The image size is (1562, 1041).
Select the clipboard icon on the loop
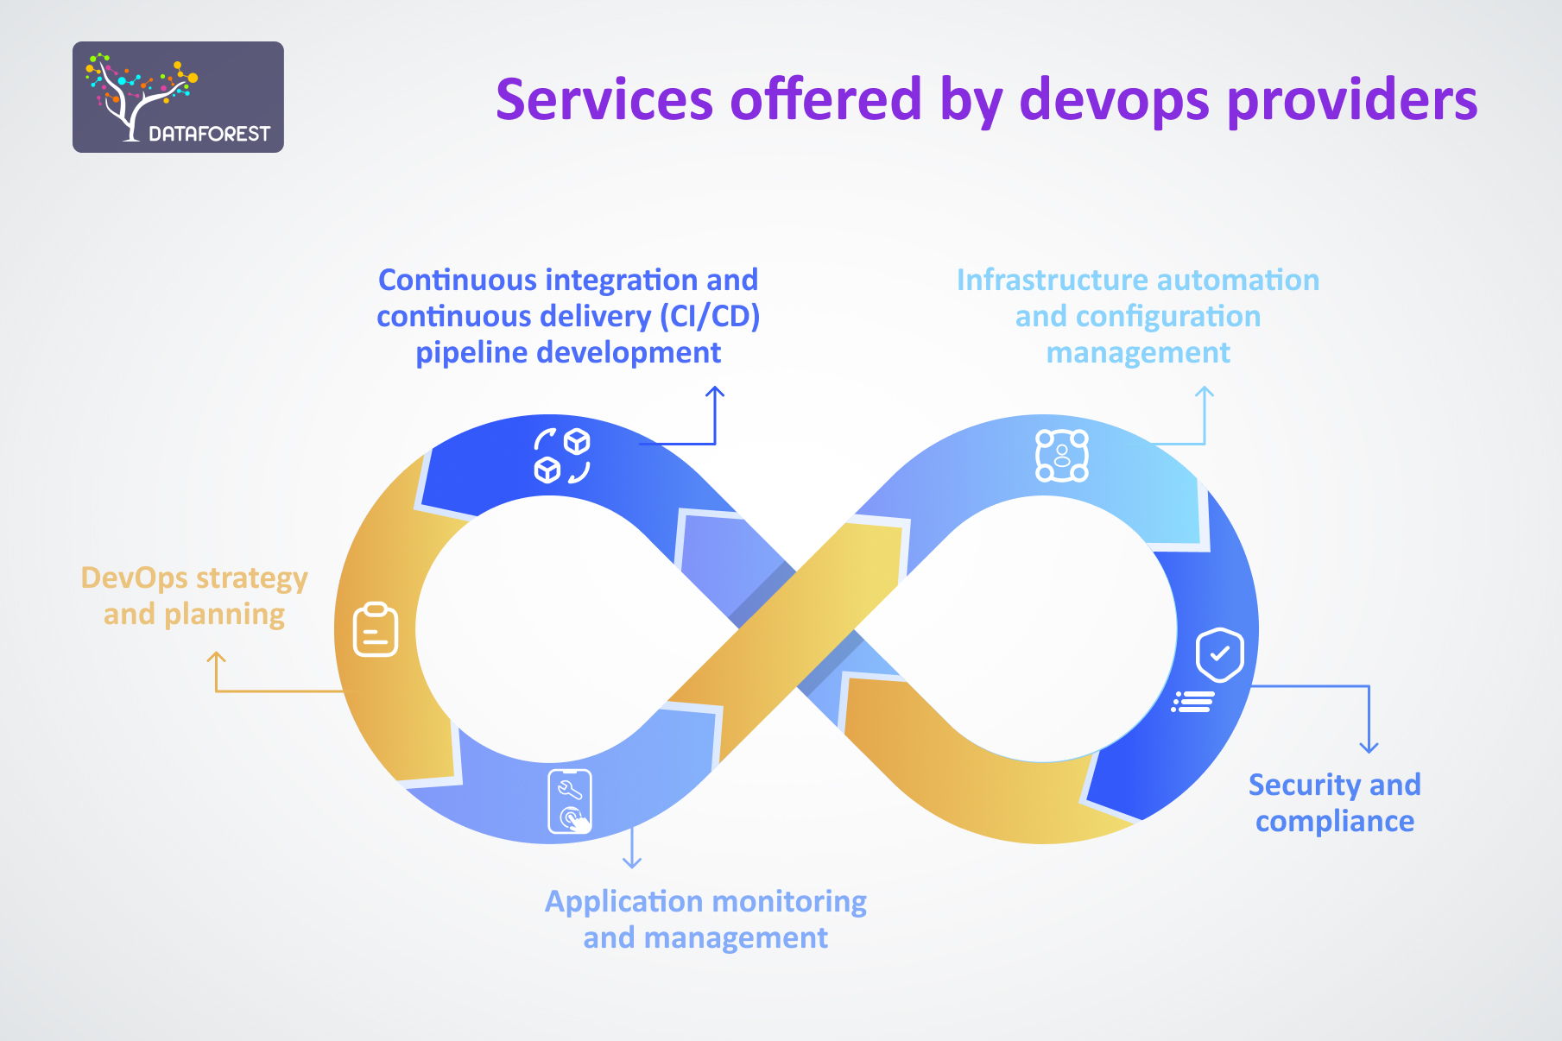pyautogui.click(x=376, y=629)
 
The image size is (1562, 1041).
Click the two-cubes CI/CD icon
pyautogui.click(x=561, y=455)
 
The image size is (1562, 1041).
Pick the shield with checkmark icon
pyautogui.click(x=1218, y=655)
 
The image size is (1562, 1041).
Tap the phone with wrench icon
pyautogui.click(x=570, y=802)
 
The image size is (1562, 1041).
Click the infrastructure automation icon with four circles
pyautogui.click(x=1061, y=456)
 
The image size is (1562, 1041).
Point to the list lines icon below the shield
pyautogui.click(x=1193, y=702)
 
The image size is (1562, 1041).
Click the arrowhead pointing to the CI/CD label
pyautogui.click(x=715, y=393)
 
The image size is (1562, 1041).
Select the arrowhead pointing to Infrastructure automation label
pyautogui.click(x=1204, y=393)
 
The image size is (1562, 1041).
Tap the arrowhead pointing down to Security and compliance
pyautogui.click(x=1369, y=747)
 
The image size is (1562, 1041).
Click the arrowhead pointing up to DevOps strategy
pyautogui.click(x=216, y=659)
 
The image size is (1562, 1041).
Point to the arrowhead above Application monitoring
pyautogui.click(x=632, y=861)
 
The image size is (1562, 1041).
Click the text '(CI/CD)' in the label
pyautogui.click(x=710, y=317)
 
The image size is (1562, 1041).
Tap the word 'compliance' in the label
pyautogui.click(x=1334, y=822)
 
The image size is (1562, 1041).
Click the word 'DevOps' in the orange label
pyautogui.click(x=134, y=578)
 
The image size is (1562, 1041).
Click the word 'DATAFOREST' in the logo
pyautogui.click(x=209, y=134)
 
